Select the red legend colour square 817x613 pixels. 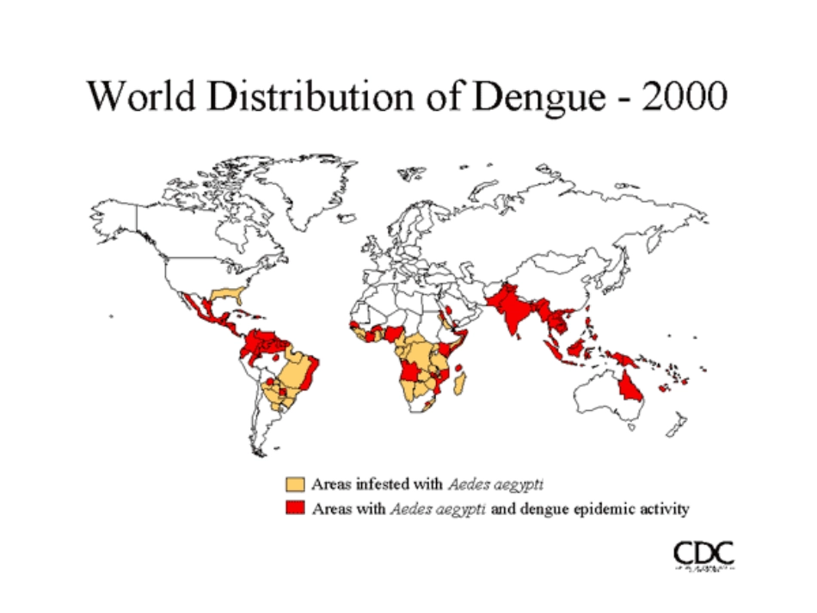coord(296,508)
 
